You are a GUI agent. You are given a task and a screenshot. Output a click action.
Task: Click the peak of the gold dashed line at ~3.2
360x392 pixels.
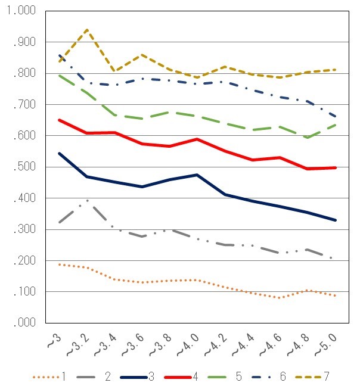click(87, 29)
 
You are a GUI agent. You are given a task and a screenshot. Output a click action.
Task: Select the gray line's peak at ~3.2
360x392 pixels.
click(87, 200)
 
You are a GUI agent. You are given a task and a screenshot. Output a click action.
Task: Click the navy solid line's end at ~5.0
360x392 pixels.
click(336, 220)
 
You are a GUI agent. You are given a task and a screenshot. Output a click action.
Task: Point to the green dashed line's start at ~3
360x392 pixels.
click(60, 75)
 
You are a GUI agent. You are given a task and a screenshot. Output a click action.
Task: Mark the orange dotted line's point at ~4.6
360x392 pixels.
click(279, 298)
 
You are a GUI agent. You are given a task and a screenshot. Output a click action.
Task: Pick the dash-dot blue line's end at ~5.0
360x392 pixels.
click(336, 117)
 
